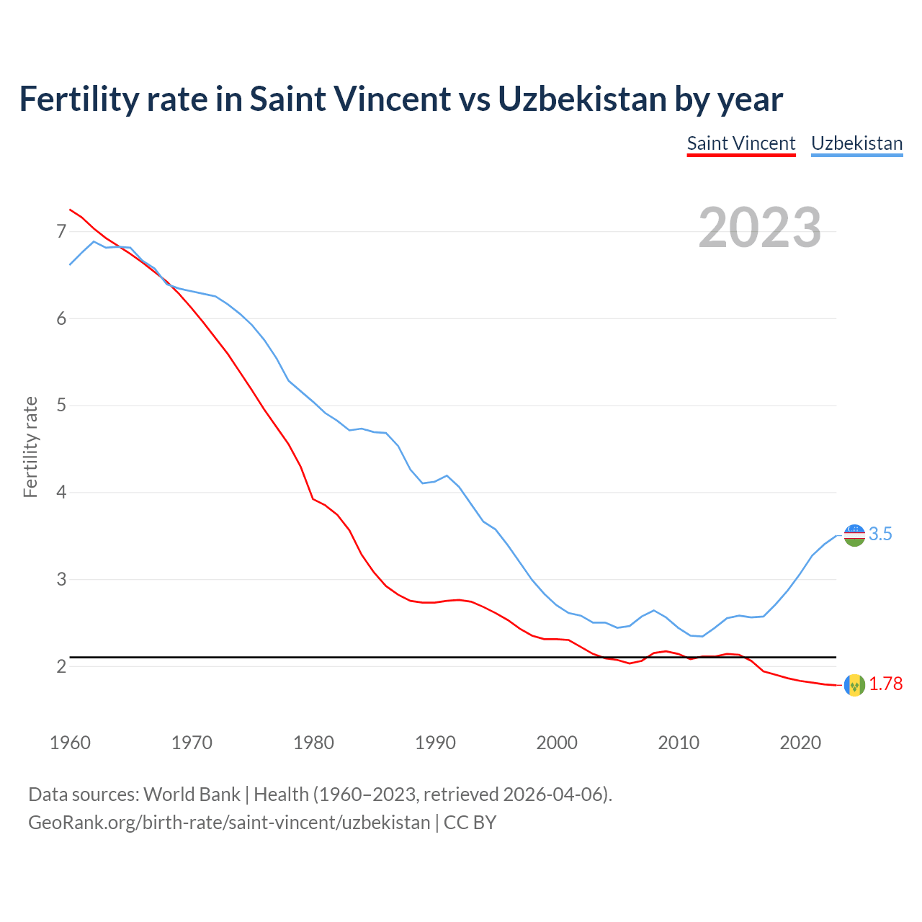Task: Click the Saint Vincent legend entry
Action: click(x=741, y=143)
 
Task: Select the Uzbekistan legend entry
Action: click(x=856, y=143)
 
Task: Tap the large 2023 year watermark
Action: click(x=760, y=228)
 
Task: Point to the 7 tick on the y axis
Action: click(x=61, y=231)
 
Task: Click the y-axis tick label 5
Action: click(x=61, y=406)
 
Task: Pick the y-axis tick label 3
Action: click(x=61, y=579)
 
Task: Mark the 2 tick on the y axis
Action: click(x=61, y=666)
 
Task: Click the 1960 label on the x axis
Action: click(x=70, y=743)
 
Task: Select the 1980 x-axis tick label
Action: click(x=313, y=743)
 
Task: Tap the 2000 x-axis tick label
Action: click(x=557, y=743)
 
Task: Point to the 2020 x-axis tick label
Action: click(x=800, y=743)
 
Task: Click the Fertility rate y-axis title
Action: click(x=30, y=447)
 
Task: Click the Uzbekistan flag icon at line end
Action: click(x=854, y=535)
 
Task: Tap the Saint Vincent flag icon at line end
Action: click(x=854, y=684)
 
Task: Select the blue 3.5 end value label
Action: click(x=880, y=534)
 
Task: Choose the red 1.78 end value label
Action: click(x=885, y=684)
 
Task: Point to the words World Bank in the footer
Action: click(x=192, y=795)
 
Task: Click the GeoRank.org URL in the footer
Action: click(x=229, y=822)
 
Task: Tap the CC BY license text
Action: click(x=470, y=822)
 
